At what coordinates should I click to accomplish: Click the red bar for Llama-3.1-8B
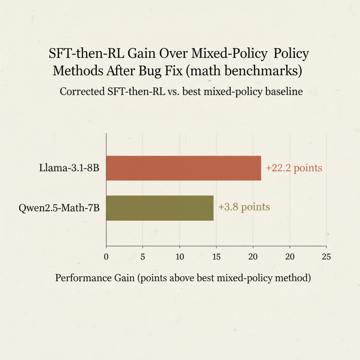tap(184, 168)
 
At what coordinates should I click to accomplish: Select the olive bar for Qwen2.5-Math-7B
tap(160, 208)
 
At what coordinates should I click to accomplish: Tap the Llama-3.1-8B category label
tap(69, 168)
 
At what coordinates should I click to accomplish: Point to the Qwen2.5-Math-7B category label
tap(59, 208)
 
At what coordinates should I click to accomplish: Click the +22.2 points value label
tap(294, 168)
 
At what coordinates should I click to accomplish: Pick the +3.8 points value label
tap(244, 207)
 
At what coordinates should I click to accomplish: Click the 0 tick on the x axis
tap(106, 257)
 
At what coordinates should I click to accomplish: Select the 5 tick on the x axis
tap(143, 257)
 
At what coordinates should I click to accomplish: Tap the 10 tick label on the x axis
tap(180, 257)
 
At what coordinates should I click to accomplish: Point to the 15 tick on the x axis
tap(216, 257)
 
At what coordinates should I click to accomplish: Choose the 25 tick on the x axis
tap(326, 257)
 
